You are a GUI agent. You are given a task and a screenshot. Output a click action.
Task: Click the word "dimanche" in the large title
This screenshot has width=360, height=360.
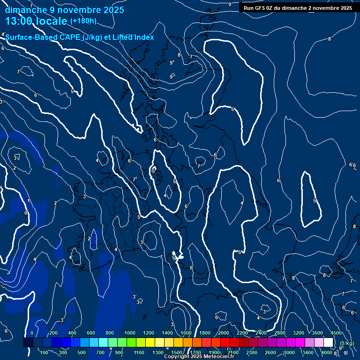coord(22,10)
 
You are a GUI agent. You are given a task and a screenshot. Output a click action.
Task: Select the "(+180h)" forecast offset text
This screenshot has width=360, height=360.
coord(83,21)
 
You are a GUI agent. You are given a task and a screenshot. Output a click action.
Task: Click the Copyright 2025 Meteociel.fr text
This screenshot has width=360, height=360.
coord(199,357)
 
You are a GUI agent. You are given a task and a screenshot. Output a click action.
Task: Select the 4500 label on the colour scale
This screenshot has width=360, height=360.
coord(336,333)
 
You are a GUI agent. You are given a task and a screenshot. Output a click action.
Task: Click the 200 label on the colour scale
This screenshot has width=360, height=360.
coord(53,333)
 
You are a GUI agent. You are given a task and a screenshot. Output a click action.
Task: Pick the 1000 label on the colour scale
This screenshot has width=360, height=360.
coord(130,333)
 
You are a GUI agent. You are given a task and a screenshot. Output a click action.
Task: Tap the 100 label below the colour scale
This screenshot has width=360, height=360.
coord(45,352)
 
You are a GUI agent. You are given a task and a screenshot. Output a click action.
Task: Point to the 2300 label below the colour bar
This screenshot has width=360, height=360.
coord(252,352)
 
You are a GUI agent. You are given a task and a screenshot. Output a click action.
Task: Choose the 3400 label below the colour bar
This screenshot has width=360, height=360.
coord(307,352)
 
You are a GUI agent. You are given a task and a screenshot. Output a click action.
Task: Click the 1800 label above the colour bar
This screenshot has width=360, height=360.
coord(205,333)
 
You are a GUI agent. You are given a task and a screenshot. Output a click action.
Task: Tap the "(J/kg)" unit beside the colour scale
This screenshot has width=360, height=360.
coord(346,344)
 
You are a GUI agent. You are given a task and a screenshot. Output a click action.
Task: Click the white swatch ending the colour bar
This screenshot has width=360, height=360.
coord(328,343)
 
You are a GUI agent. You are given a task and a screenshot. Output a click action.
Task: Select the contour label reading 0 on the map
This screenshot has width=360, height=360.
coord(26,213)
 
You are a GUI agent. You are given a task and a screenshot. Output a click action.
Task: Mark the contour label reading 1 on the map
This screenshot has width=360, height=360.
coord(29,201)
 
